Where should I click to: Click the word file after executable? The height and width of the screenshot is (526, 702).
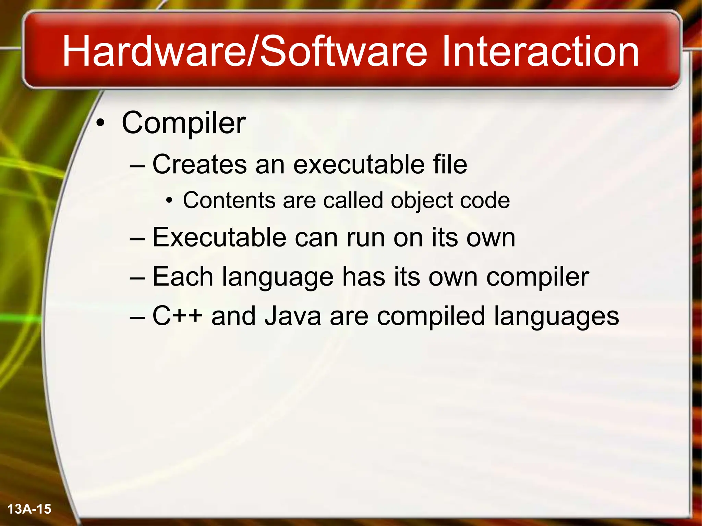(450, 164)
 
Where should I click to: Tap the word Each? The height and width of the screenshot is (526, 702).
(183, 277)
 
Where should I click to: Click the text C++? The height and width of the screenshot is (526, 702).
(177, 316)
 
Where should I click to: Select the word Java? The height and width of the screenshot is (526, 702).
(293, 316)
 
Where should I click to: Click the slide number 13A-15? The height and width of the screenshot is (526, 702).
(29, 509)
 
